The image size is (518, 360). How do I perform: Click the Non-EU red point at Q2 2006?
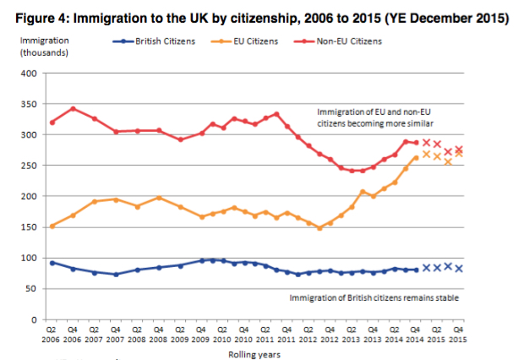[x=53, y=123]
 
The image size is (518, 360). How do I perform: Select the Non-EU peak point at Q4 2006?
[x=74, y=109]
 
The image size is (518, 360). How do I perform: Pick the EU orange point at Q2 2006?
[x=53, y=226]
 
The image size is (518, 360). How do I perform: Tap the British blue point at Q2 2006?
[x=53, y=263]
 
